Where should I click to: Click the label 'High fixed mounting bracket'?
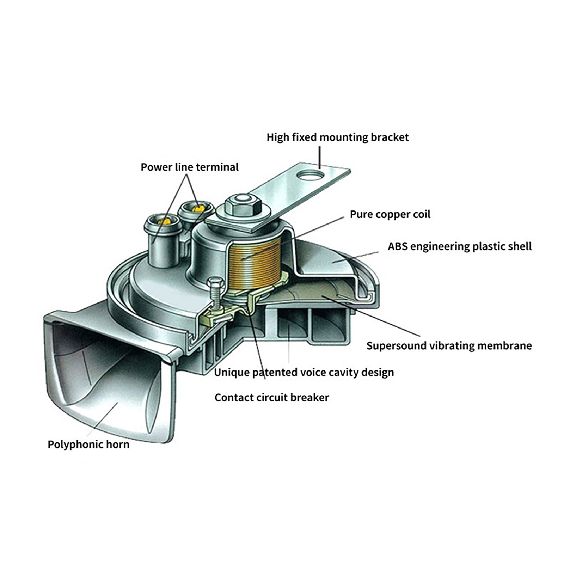point(337,137)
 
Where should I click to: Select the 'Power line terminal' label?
point(190,167)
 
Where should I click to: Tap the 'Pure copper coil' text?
point(390,215)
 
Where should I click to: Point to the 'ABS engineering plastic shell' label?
point(460,246)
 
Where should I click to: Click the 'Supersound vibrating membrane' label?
point(449,346)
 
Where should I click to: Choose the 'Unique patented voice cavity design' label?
point(304,373)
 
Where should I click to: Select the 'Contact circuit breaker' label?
point(271,398)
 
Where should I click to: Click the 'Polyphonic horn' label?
point(88,445)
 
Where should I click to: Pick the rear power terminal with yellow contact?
point(196,213)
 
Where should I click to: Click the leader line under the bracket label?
point(319,158)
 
